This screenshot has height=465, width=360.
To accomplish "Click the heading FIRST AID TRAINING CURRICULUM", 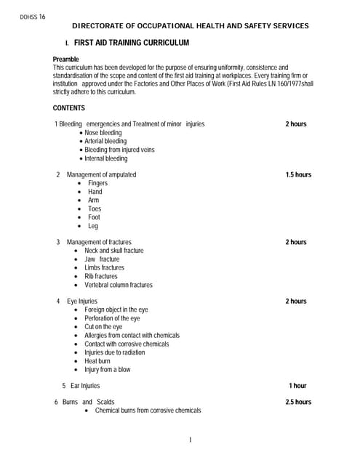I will tap(131, 44).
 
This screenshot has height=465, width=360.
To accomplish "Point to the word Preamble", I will tap(66, 59).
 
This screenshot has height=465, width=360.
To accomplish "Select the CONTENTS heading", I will tap(69, 108).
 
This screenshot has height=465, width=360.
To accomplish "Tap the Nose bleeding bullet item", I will tap(103, 133).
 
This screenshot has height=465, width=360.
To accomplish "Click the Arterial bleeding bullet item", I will tap(105, 142).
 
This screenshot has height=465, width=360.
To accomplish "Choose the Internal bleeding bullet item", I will tap(105, 158).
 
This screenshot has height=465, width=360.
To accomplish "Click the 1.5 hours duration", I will tap(298, 175).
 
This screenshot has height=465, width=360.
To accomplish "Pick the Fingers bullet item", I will tap(97, 183).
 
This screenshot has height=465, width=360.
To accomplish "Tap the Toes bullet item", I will tap(95, 209).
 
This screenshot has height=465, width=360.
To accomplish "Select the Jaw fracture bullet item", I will tap(102, 259).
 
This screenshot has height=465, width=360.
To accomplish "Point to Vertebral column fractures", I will tap(119, 285).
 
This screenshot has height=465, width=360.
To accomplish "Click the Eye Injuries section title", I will tap(81, 301).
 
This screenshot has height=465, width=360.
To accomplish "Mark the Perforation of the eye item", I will tap(113, 318).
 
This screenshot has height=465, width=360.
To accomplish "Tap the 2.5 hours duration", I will tap(298, 402).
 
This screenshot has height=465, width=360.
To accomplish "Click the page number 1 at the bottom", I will tap(189, 440).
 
